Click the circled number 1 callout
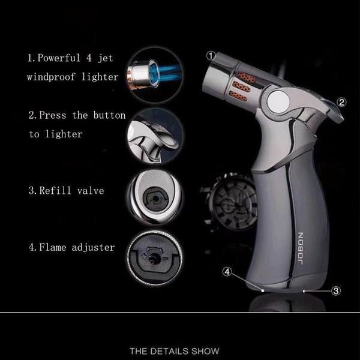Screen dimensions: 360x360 (211, 55)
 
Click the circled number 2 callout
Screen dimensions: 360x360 (341, 102)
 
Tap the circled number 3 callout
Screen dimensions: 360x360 (336, 291)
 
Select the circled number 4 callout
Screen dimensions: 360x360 (227, 271)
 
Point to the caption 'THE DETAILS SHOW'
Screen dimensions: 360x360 (180, 350)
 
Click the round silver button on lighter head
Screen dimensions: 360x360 (280, 101)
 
